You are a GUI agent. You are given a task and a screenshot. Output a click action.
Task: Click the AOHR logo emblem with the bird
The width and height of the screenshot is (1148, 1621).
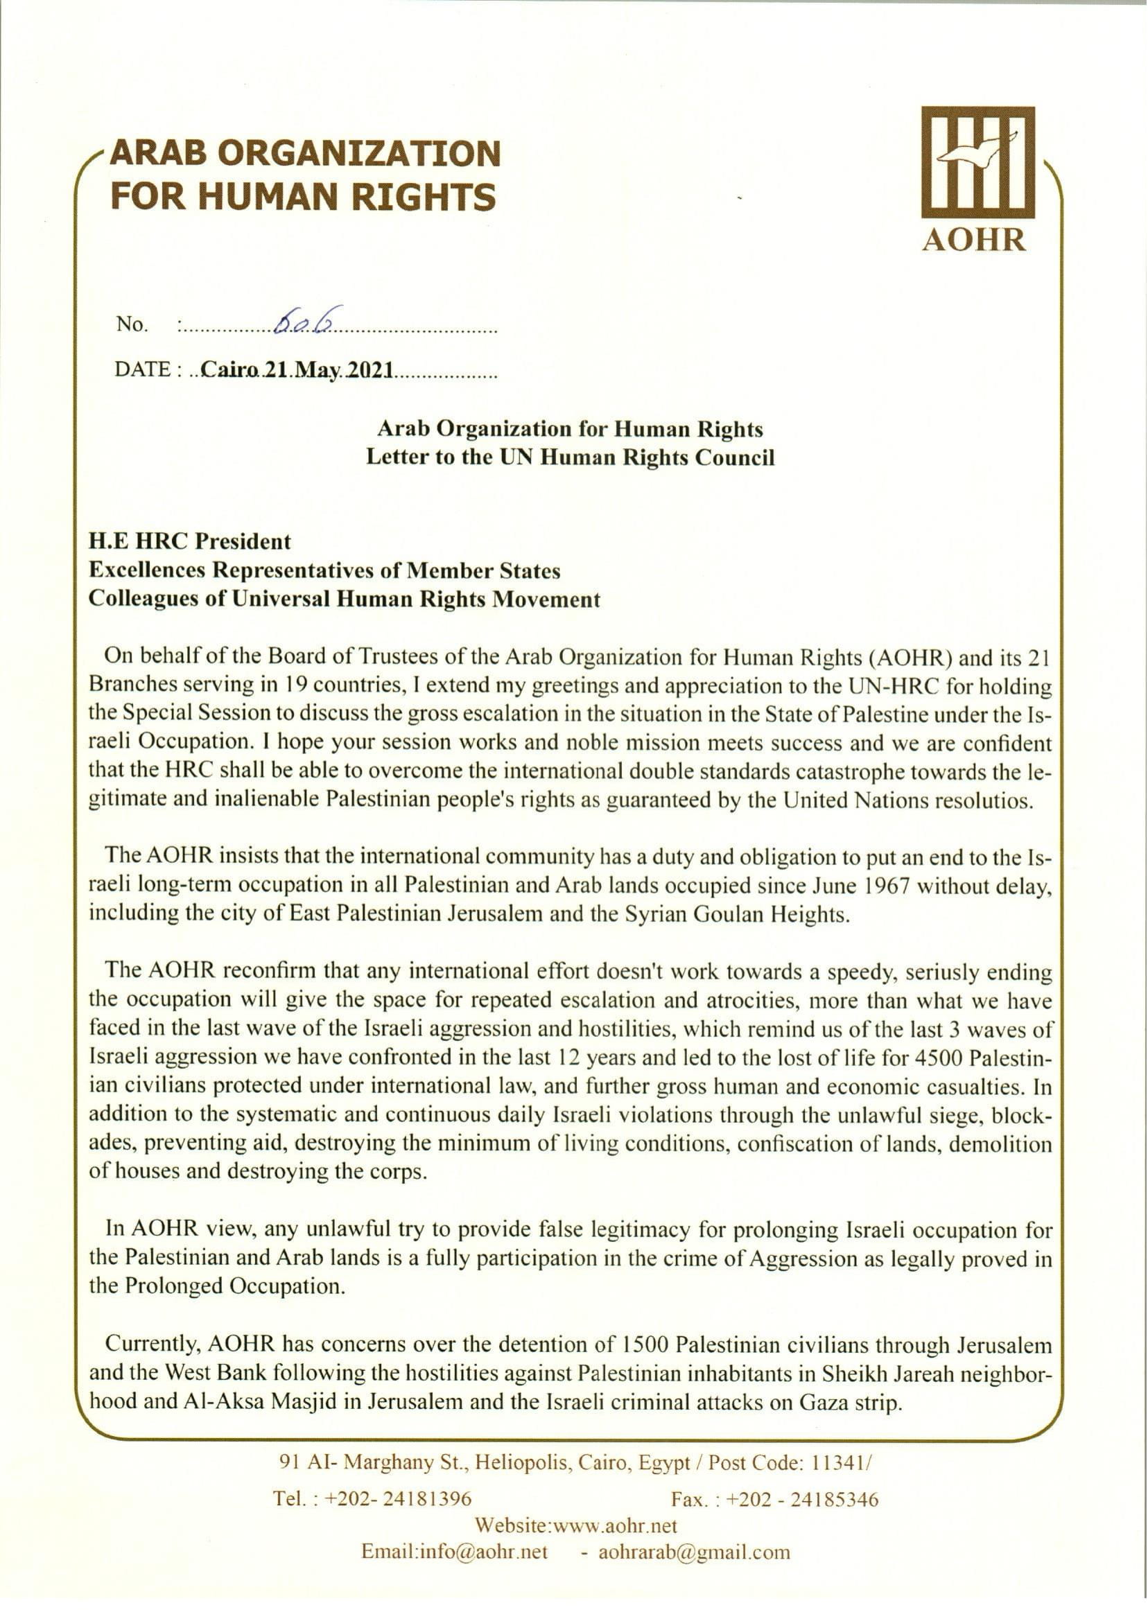[x=977, y=163]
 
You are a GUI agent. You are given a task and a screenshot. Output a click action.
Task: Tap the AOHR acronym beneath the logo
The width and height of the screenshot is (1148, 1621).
[x=974, y=240]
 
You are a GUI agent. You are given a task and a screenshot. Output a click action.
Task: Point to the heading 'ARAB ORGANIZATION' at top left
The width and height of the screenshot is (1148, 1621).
[x=306, y=152]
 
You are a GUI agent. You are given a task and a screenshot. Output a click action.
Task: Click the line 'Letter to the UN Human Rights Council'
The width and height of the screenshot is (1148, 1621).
[x=570, y=457]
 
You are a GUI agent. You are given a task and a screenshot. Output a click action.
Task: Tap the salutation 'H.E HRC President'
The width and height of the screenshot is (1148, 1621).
[x=189, y=541]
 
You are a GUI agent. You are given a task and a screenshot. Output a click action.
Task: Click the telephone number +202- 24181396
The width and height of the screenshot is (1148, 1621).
[x=398, y=1499]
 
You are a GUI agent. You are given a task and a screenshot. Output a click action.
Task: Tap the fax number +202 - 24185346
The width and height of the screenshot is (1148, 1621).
[x=802, y=1500]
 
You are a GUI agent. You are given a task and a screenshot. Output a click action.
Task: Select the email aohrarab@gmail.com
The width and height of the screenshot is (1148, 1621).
[x=694, y=1552]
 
